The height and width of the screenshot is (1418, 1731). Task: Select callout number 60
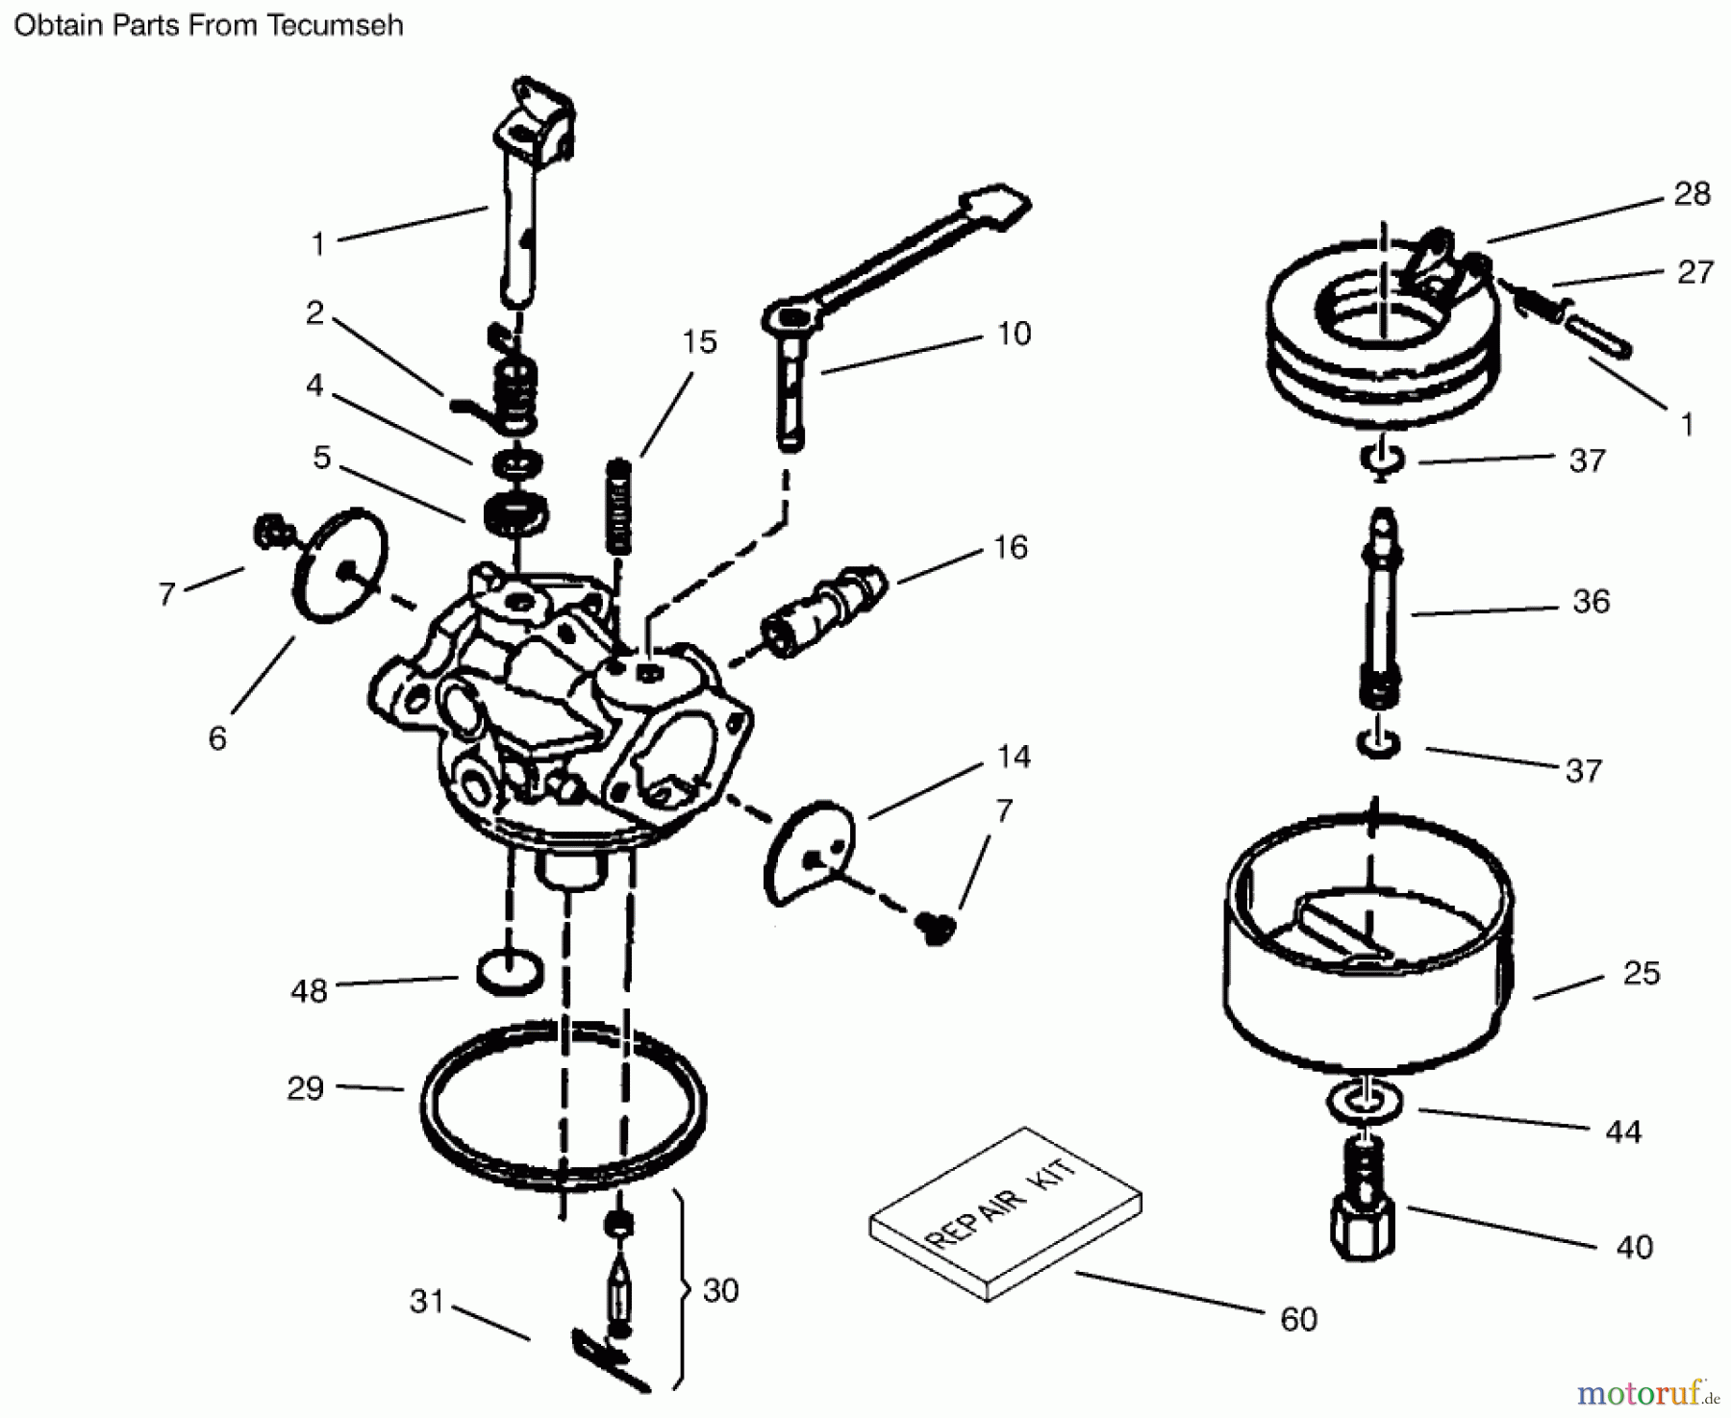(1297, 1319)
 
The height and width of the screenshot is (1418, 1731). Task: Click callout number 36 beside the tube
(1591, 602)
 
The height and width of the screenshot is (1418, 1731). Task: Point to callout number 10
(1014, 334)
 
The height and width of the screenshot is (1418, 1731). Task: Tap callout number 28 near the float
(1692, 194)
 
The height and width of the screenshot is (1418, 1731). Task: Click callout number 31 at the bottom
(427, 1301)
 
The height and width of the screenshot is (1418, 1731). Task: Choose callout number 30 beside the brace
(720, 1290)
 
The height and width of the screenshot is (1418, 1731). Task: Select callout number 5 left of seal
(321, 458)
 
